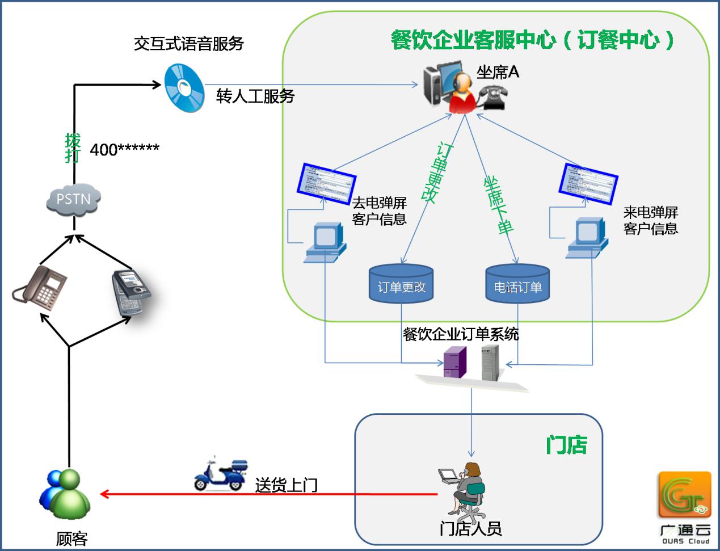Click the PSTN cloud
coord(73,199)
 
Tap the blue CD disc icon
coord(184,88)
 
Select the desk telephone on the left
coord(41,286)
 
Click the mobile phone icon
coord(130,292)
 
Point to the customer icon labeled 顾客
coord(65,493)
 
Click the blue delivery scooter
coord(221,473)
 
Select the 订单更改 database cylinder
coord(401,284)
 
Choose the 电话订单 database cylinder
coord(517,284)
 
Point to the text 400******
coord(125,149)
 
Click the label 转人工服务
coord(255,96)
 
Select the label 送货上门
coord(286,485)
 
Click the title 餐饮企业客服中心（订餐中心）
coord(533,40)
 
